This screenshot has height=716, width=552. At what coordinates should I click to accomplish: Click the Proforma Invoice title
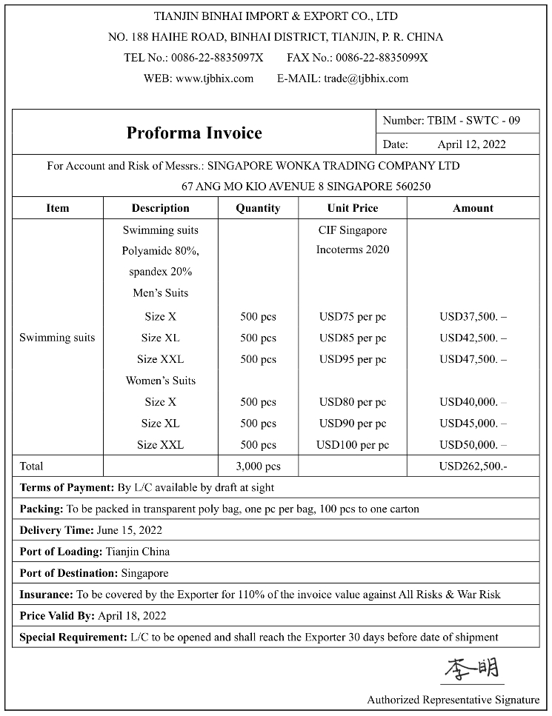tap(194, 133)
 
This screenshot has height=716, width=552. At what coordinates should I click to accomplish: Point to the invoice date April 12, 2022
tap(471, 144)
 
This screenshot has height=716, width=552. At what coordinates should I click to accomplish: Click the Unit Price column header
tap(352, 208)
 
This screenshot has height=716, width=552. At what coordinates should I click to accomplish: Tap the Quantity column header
tap(258, 208)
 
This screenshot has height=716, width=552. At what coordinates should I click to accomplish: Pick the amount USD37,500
tap(472, 317)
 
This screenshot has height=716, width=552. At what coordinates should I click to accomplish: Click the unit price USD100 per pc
tap(352, 445)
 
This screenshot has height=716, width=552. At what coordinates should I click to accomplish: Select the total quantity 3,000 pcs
tap(258, 466)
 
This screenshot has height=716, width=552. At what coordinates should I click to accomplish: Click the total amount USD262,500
tap(473, 466)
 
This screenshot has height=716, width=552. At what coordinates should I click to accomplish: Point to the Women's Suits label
tap(161, 381)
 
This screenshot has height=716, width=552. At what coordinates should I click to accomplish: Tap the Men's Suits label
tap(161, 293)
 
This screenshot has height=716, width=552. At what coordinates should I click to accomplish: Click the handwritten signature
tap(471, 669)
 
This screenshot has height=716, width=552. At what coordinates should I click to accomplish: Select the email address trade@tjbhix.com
tap(366, 78)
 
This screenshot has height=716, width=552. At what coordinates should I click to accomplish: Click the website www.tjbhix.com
tap(214, 78)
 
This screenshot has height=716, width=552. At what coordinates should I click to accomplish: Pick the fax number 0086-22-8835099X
tap(382, 58)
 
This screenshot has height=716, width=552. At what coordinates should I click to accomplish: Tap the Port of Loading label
tap(61, 552)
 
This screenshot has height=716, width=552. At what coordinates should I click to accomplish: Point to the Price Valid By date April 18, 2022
tap(132, 616)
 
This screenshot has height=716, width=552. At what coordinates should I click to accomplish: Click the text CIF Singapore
tap(352, 230)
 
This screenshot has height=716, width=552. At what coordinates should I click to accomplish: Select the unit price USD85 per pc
tap(352, 338)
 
